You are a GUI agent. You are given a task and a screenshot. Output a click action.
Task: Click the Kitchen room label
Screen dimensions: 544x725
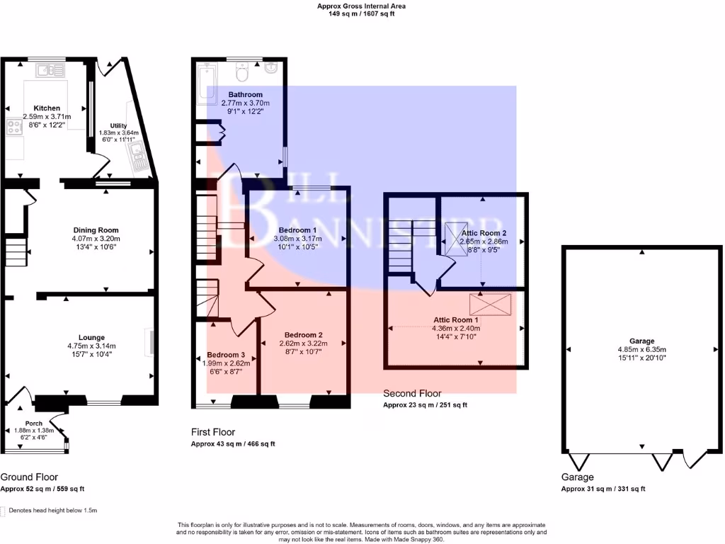coord(47,108)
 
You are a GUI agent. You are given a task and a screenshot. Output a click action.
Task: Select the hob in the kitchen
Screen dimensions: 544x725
coord(14,128)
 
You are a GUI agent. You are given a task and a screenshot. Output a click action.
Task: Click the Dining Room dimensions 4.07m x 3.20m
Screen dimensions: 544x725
coord(96,239)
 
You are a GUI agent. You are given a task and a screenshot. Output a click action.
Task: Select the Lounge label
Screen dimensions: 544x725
coord(92,337)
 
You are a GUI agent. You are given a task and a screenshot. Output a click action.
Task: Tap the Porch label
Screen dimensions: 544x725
coord(34,424)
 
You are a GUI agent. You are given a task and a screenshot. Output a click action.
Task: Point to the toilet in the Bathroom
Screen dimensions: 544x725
coord(242,72)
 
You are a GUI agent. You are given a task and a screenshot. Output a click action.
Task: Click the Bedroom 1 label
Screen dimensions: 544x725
coord(297,230)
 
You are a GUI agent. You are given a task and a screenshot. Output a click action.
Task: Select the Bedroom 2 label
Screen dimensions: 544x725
coord(303,335)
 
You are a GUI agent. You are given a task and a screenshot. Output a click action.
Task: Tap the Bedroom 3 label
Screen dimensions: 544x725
coord(226,355)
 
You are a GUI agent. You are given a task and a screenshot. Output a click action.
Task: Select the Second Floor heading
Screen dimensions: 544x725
coord(412,393)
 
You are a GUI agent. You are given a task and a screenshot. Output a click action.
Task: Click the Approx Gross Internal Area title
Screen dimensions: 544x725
coord(362,6)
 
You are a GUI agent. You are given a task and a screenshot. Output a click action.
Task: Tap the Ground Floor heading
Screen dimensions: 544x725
coord(29,477)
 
